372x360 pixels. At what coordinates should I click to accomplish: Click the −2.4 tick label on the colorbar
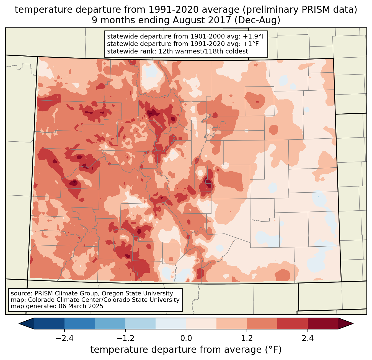click(x=64, y=338)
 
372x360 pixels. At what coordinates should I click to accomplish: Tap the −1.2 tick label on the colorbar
click(x=125, y=338)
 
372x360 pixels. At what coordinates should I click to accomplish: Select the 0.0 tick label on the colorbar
click(x=186, y=338)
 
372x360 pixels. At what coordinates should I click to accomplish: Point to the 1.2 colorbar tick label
click(x=247, y=338)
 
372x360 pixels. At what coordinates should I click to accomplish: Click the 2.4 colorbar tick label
click(x=308, y=338)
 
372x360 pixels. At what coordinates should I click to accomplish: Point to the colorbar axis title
click(x=186, y=350)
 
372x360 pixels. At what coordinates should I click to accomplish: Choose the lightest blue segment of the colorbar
click(x=171, y=323)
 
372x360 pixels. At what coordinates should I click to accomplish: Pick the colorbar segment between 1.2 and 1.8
click(x=262, y=323)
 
